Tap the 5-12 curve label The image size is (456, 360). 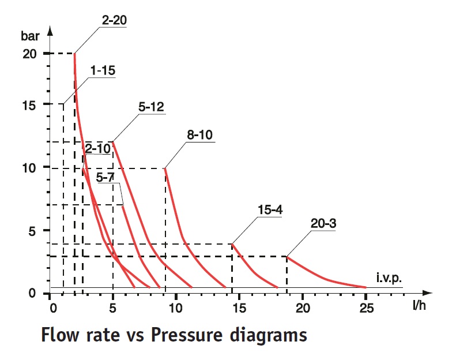tap(151, 107)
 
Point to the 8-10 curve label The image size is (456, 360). tap(199, 135)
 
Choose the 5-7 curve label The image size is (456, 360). tap(105, 178)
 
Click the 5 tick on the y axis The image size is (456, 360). tap(33, 231)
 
